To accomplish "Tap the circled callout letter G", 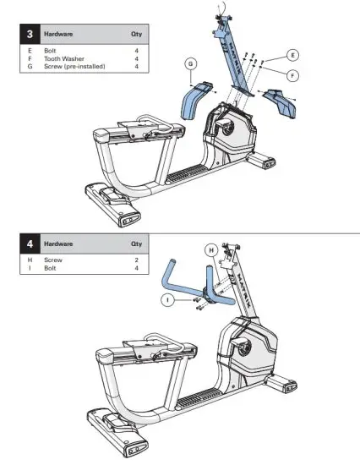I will tap(191, 64).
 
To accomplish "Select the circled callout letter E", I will tap(292, 55).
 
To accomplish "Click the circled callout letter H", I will tap(211, 249).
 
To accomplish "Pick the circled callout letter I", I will tap(171, 298).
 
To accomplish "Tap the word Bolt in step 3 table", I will tap(51, 52).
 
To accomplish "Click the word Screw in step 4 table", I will tap(52, 260).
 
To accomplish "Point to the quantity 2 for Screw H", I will tap(136, 260).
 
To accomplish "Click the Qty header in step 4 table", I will tap(136, 243).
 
